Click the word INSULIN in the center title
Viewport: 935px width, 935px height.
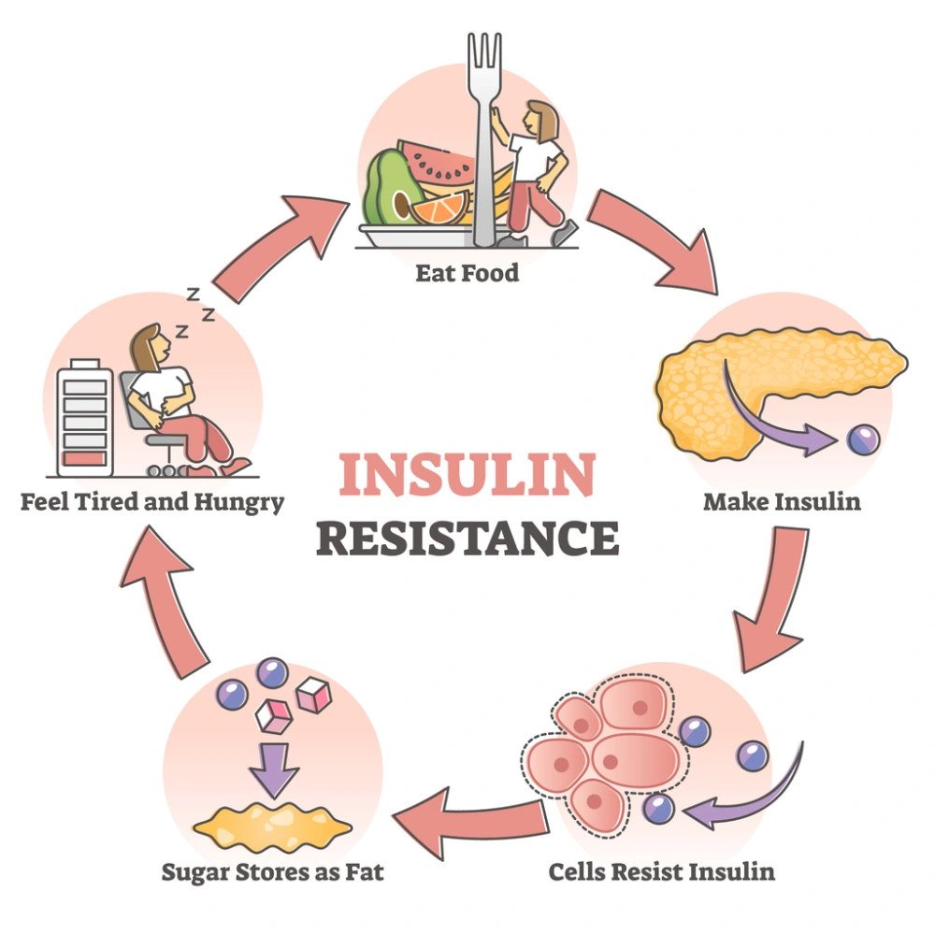point(467,475)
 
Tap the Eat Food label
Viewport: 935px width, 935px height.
point(467,275)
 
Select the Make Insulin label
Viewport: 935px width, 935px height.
point(782,501)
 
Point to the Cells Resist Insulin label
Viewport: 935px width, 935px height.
point(662,872)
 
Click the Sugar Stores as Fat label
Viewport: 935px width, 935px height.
point(273,872)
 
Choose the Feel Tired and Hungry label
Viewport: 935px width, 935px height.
point(151,502)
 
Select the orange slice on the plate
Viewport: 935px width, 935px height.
point(439,208)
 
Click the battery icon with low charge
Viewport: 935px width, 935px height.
point(84,419)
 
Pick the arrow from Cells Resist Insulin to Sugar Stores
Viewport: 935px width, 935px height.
point(467,819)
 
